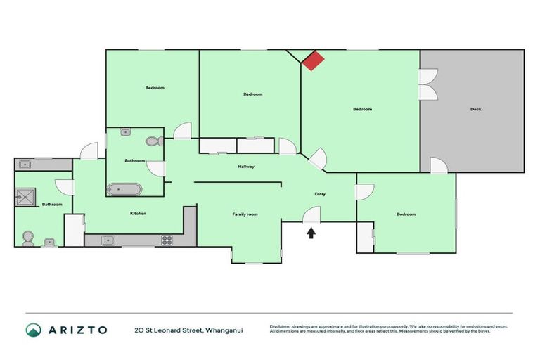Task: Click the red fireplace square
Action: [313, 60]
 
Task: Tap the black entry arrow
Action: [311, 232]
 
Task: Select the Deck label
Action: [476, 109]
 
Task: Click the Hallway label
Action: [245, 167]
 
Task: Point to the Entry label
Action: [319, 194]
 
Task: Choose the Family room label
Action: [245, 214]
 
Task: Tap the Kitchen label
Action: [138, 214]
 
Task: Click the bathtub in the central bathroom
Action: [124, 189]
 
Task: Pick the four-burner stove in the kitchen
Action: [167, 240]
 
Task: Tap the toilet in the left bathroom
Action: [28, 238]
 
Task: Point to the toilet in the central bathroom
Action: [154, 141]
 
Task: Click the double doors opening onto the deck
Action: [427, 84]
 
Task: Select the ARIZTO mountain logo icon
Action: [33, 330]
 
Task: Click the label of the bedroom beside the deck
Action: [362, 109]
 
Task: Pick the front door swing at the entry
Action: [312, 215]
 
